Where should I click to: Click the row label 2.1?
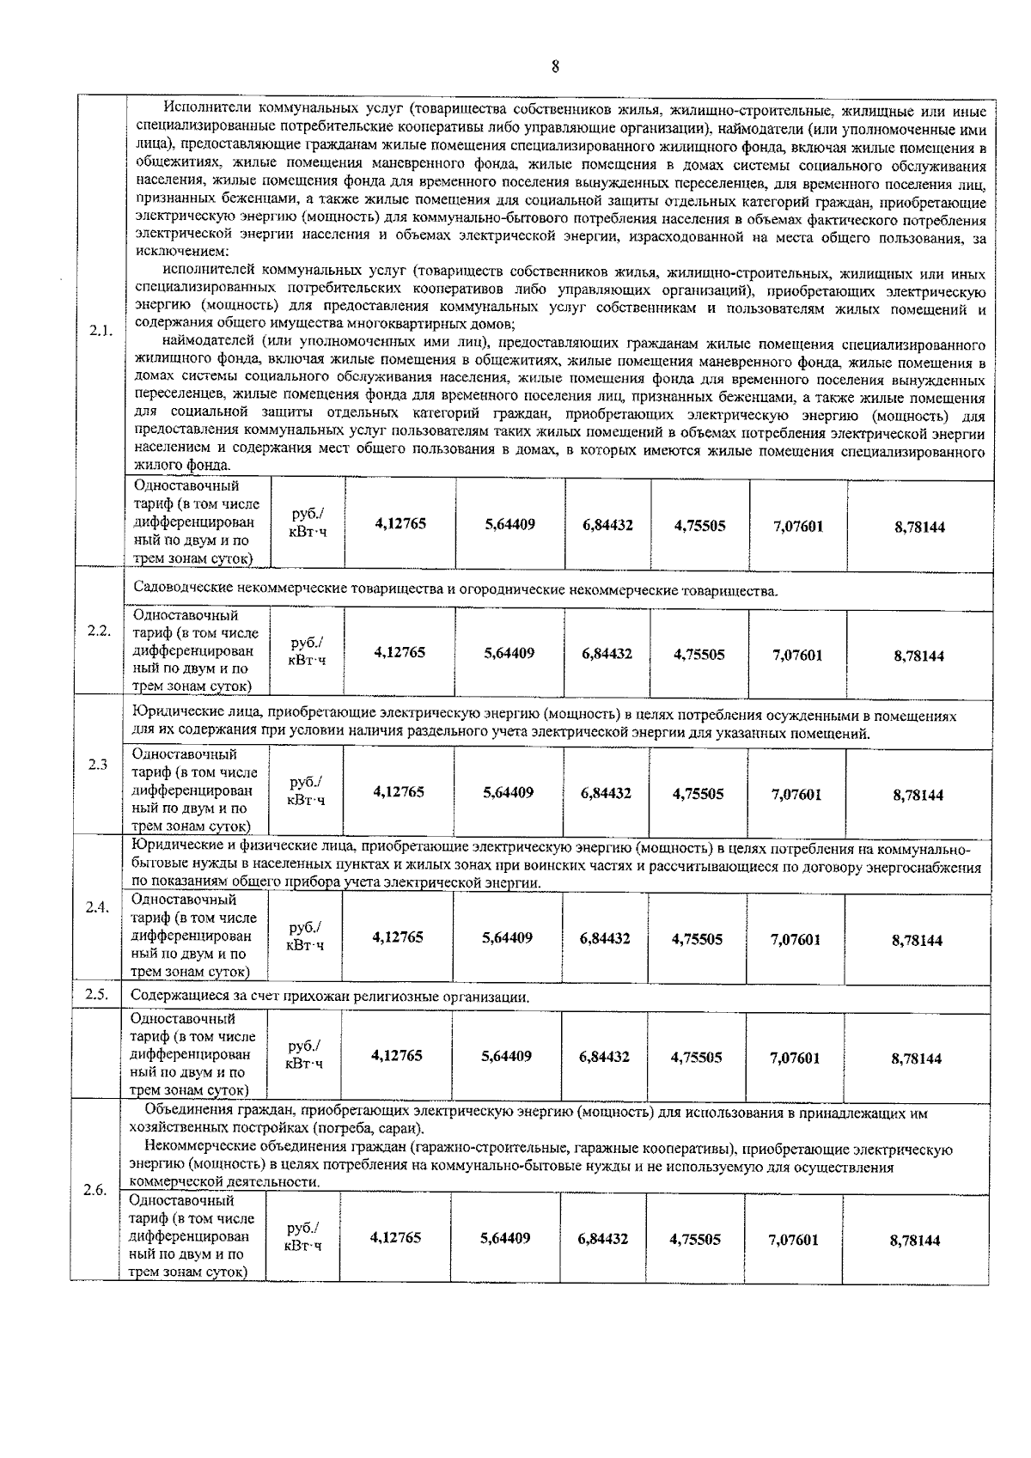point(101,331)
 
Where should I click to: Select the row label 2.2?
point(99,630)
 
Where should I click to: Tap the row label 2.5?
point(96,994)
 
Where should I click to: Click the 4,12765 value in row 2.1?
point(400,524)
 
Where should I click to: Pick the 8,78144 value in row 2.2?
point(918,656)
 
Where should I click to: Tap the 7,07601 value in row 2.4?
point(796,939)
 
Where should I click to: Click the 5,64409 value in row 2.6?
point(505,1238)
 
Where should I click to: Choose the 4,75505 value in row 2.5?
point(696,1058)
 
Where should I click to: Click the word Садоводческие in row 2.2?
point(180,590)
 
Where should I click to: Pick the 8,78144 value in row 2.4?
point(917,940)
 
